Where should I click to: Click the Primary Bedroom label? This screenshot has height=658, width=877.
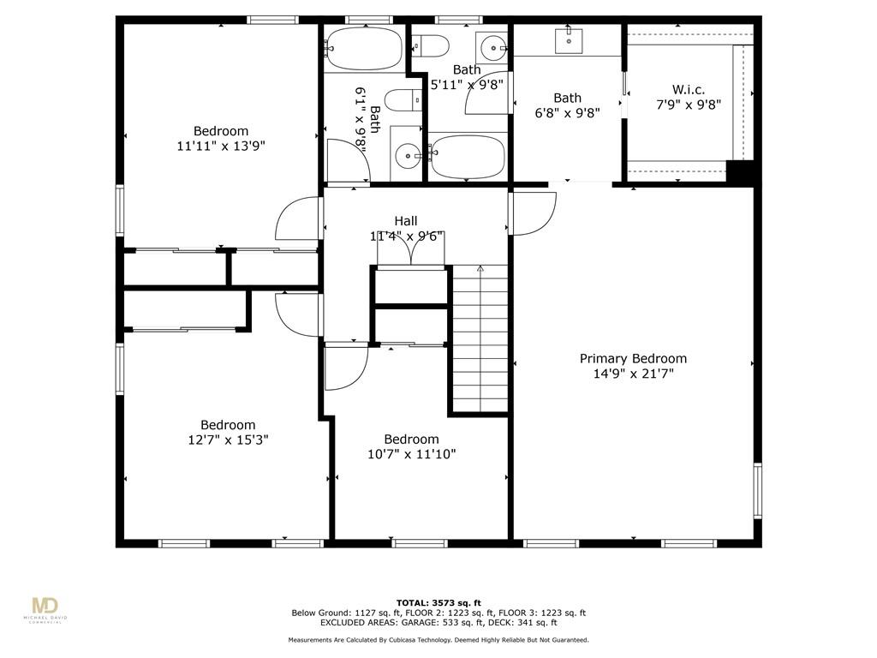633,359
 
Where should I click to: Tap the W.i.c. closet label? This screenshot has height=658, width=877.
689,89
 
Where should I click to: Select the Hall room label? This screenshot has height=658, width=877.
405,221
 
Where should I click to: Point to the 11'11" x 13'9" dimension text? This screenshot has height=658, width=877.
221,146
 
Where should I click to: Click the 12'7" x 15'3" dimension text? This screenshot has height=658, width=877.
228,440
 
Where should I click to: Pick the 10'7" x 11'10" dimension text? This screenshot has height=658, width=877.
412,454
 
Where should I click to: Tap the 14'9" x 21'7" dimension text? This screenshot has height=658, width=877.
633,374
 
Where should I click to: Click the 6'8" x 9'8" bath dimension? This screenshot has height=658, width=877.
568,113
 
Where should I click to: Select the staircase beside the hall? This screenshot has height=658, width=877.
480,339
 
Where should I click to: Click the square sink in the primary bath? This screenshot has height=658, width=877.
569,41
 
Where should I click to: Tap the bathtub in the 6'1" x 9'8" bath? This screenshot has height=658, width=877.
364,48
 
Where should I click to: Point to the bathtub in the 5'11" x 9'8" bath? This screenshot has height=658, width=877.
468,156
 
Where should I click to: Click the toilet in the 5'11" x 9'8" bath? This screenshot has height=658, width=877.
430,46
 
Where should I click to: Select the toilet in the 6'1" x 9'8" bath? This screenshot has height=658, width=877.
403,101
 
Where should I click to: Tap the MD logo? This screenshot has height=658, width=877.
45,607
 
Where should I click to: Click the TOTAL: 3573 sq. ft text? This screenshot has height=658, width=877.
438,602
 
